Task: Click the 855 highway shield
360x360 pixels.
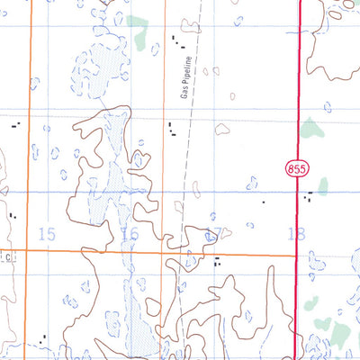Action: tap(298, 168)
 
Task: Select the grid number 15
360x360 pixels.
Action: tap(48, 234)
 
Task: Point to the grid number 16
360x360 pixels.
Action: tap(130, 234)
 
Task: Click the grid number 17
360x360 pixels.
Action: tap(212, 234)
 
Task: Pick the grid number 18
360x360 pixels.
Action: tap(296, 234)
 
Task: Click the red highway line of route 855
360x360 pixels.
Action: tap(298, 90)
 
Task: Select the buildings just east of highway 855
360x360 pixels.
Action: tap(309, 194)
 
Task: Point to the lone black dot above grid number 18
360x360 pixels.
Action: tap(264, 202)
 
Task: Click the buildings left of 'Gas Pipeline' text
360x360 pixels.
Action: tap(171, 131)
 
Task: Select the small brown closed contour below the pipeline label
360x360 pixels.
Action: tap(232, 95)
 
